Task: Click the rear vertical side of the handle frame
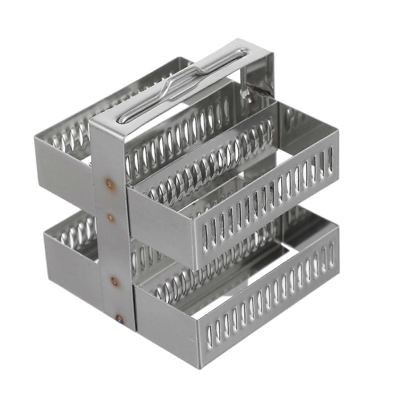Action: (x=262, y=76)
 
